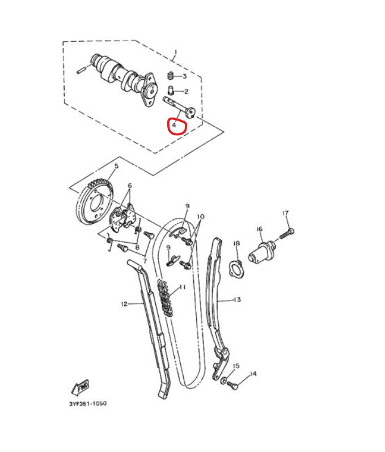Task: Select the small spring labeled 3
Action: pos(169,76)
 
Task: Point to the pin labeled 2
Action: pos(171,89)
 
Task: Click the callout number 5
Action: pos(116,166)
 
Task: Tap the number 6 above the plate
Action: pos(129,186)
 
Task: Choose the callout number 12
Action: pos(124,304)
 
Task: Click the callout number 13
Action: pos(237,300)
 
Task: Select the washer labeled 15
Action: pos(225,379)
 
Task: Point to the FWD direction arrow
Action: pos(81,387)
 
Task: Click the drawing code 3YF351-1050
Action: pos(87,403)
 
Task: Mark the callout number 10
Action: pos(200,217)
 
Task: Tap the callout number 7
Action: pos(145,261)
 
